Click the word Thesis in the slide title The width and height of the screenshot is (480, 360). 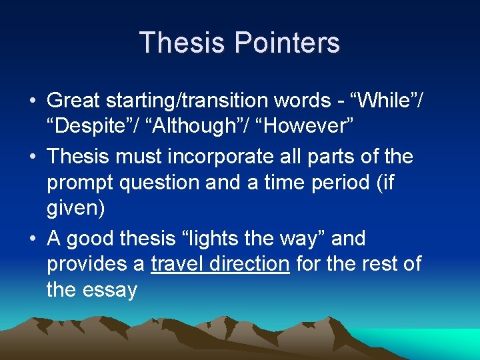(x=179, y=43)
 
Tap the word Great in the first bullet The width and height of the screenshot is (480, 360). (x=75, y=102)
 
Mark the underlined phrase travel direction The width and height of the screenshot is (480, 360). (x=220, y=264)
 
